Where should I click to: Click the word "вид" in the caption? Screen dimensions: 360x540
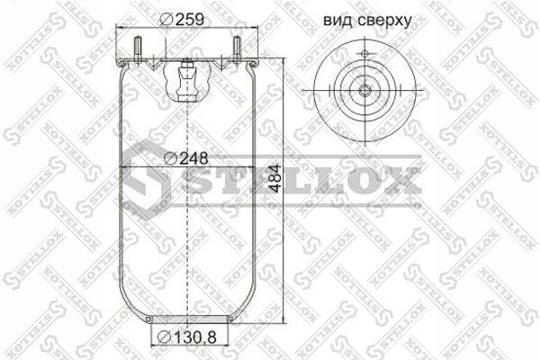(336, 19)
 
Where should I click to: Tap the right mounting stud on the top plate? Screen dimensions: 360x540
(237, 49)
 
